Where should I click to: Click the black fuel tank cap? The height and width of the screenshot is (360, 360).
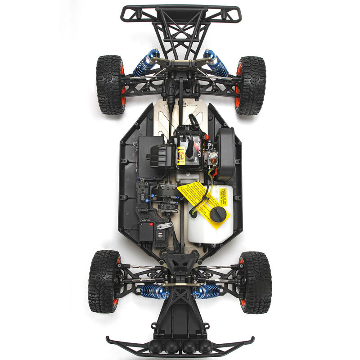(x=218, y=215)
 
